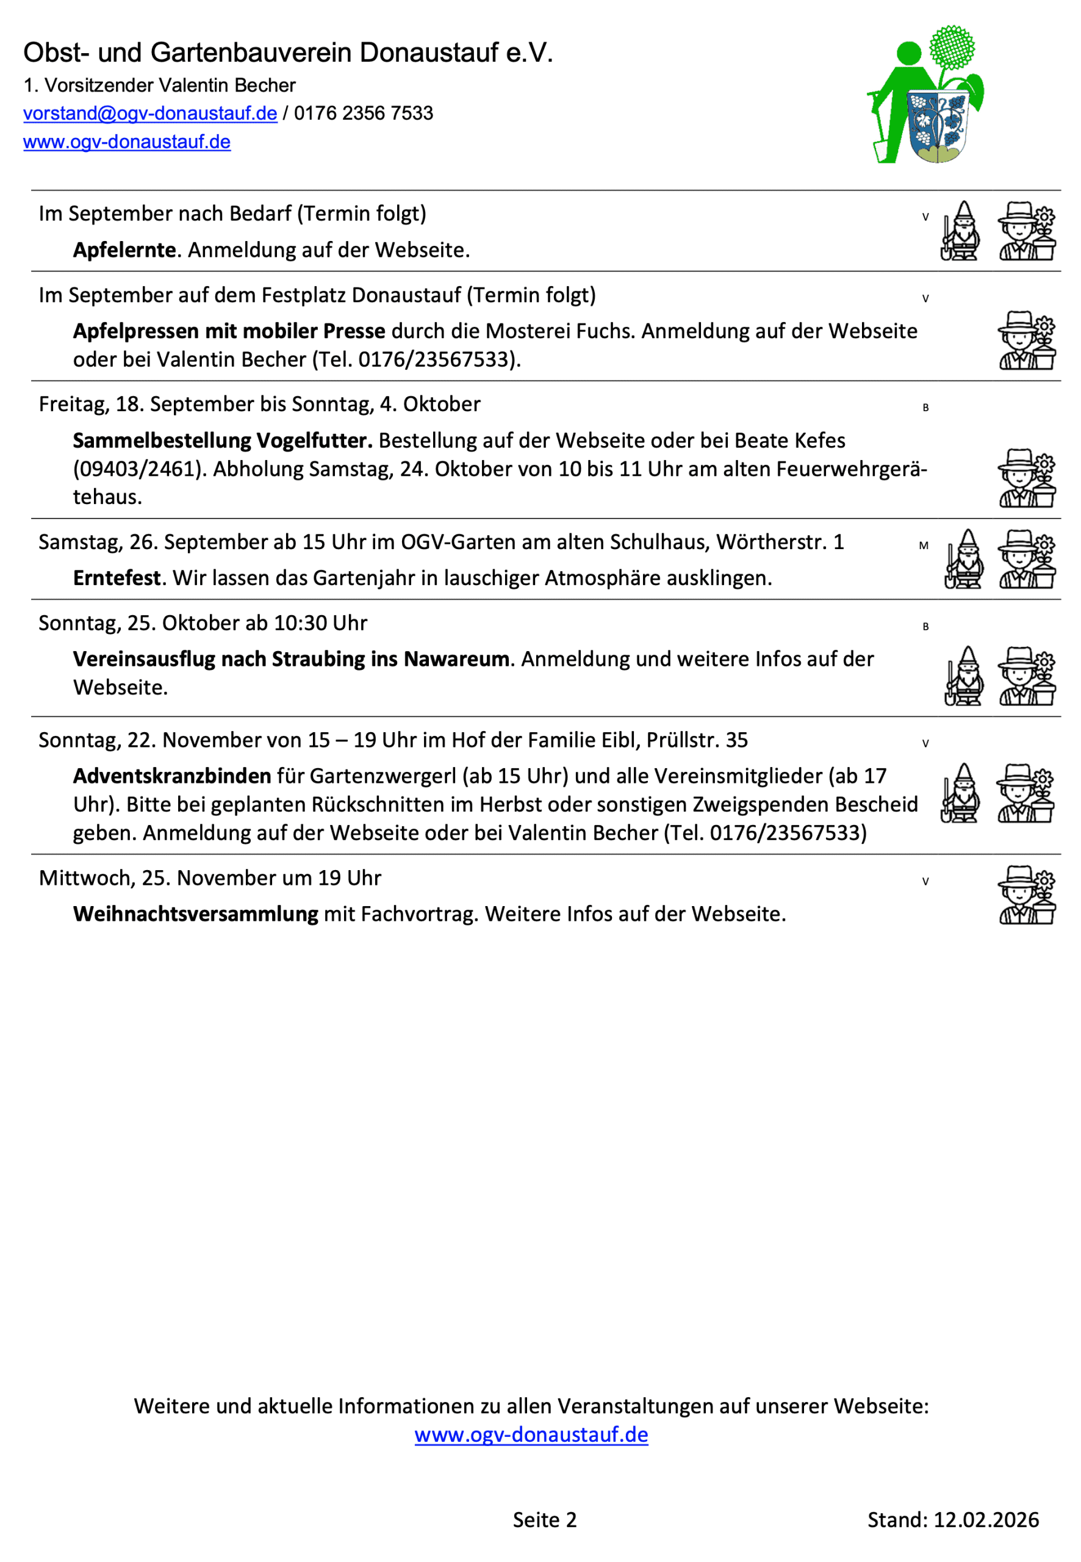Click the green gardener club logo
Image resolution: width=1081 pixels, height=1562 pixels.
pos(926,95)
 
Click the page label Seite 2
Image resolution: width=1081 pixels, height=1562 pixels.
pos(545,1520)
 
